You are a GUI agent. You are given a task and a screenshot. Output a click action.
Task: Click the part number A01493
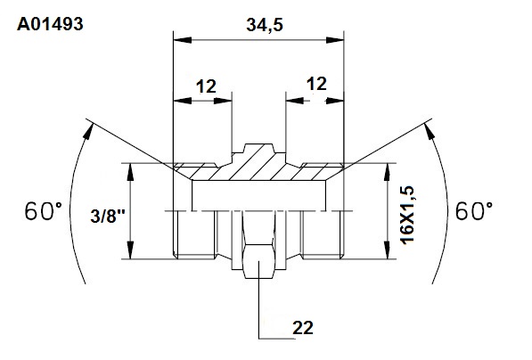point(50,24)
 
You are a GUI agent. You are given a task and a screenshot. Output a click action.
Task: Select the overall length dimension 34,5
point(265,25)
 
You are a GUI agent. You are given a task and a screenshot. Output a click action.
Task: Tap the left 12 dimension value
point(206,86)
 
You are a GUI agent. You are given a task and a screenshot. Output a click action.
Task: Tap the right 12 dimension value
point(316,84)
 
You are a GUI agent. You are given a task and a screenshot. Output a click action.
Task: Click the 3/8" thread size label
point(108,217)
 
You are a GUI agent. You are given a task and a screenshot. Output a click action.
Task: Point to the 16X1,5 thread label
point(407,215)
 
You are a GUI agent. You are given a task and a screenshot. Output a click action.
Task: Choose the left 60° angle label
point(44,211)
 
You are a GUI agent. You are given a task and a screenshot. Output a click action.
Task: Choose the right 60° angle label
point(474,211)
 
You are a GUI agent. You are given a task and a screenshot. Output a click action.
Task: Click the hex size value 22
point(303,328)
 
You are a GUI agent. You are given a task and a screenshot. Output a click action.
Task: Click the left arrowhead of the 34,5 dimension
point(182,40)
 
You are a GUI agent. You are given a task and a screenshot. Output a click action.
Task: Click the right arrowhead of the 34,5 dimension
point(335,40)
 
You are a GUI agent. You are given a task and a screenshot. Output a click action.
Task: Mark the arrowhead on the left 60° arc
point(88,131)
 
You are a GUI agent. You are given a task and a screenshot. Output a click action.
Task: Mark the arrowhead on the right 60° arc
point(430,131)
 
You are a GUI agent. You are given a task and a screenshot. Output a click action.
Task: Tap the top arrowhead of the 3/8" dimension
point(130,172)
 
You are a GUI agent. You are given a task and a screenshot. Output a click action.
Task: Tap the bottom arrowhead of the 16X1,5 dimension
point(387,250)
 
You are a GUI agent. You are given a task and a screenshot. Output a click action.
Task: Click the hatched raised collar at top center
point(258,149)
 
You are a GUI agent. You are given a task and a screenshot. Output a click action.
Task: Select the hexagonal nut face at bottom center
point(258,260)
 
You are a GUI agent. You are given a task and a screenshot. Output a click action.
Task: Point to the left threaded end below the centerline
point(194,234)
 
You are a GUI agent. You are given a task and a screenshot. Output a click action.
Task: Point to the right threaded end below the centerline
point(323,234)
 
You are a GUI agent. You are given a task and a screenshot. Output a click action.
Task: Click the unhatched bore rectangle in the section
point(259,195)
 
